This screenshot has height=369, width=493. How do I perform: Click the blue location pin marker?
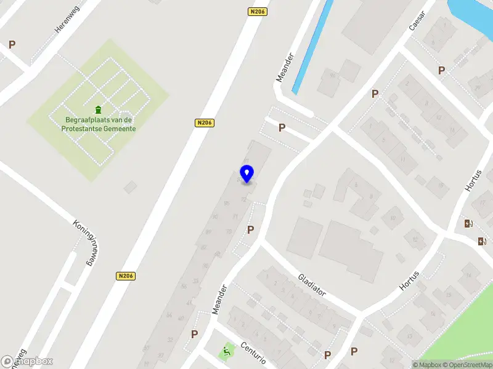tap(246, 173)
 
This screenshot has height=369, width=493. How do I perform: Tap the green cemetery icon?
tap(99, 109)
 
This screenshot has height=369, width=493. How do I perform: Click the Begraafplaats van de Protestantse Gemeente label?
tap(99, 124)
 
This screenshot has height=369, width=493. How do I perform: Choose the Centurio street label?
tap(253, 353)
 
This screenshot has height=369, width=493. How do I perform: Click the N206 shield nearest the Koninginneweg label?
tap(125, 277)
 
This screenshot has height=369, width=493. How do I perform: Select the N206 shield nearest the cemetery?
tap(205, 123)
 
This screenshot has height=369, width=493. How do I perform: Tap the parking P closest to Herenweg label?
tap(12, 44)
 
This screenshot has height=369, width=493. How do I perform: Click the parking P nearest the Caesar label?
tap(441, 70)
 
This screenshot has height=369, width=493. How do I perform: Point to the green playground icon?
tap(226, 353)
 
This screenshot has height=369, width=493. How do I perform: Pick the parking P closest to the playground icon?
tap(195, 334)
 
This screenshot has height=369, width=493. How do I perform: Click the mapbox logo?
tap(27, 362)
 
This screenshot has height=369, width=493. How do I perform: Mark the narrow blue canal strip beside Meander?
tap(312, 46)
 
